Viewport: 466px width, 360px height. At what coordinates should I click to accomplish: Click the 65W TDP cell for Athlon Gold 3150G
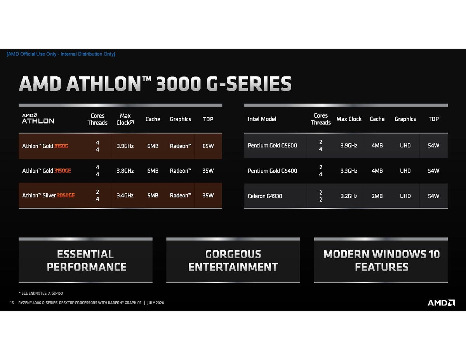(x=208, y=146)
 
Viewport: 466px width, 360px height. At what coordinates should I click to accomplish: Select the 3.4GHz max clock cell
(x=125, y=195)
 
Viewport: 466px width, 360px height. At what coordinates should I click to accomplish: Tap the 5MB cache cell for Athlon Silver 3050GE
(x=153, y=195)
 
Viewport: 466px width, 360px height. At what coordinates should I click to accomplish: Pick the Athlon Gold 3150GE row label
(x=47, y=171)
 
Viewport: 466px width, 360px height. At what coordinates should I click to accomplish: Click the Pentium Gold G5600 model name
(x=272, y=146)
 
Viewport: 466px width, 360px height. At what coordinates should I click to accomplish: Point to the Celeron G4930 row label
(x=265, y=196)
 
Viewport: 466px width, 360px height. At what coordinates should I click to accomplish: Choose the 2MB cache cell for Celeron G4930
(x=377, y=196)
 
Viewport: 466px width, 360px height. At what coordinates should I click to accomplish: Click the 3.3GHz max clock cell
(x=349, y=171)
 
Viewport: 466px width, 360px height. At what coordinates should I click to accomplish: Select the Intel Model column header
(x=262, y=119)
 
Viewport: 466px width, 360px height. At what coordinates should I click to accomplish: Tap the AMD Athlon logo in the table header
(x=38, y=118)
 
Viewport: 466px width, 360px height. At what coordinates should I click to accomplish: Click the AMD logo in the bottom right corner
(x=441, y=303)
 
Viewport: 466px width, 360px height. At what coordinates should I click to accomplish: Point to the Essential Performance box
(x=86, y=261)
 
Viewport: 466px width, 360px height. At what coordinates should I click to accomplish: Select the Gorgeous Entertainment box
(x=233, y=261)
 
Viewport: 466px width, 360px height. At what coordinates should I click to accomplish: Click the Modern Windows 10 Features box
(x=381, y=261)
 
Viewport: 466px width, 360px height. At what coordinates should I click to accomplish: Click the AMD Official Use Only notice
(x=61, y=54)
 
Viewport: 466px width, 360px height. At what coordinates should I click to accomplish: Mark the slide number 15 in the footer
(x=12, y=303)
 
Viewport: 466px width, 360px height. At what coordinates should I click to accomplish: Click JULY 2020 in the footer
(x=155, y=303)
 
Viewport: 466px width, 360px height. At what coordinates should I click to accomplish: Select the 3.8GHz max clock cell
(x=125, y=171)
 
